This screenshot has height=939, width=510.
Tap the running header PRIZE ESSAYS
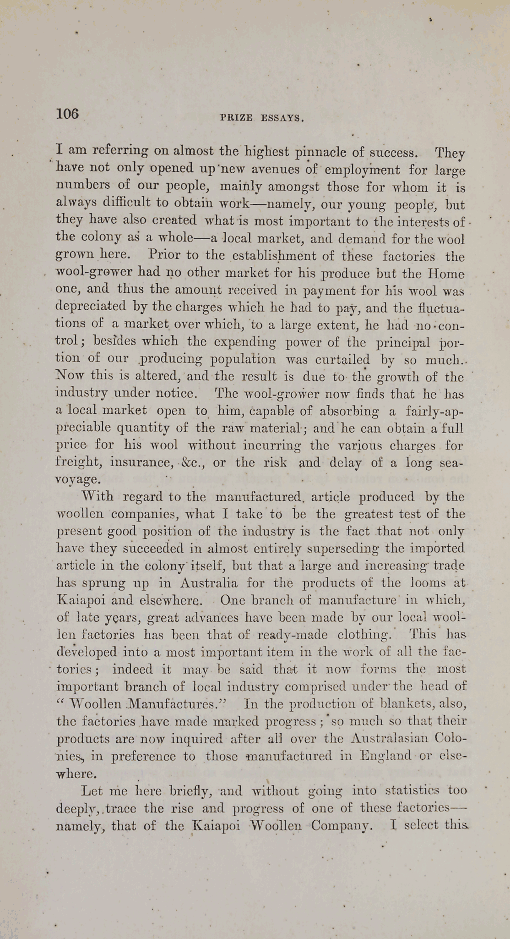[262, 118]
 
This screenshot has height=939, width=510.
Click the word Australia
[209, 583]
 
